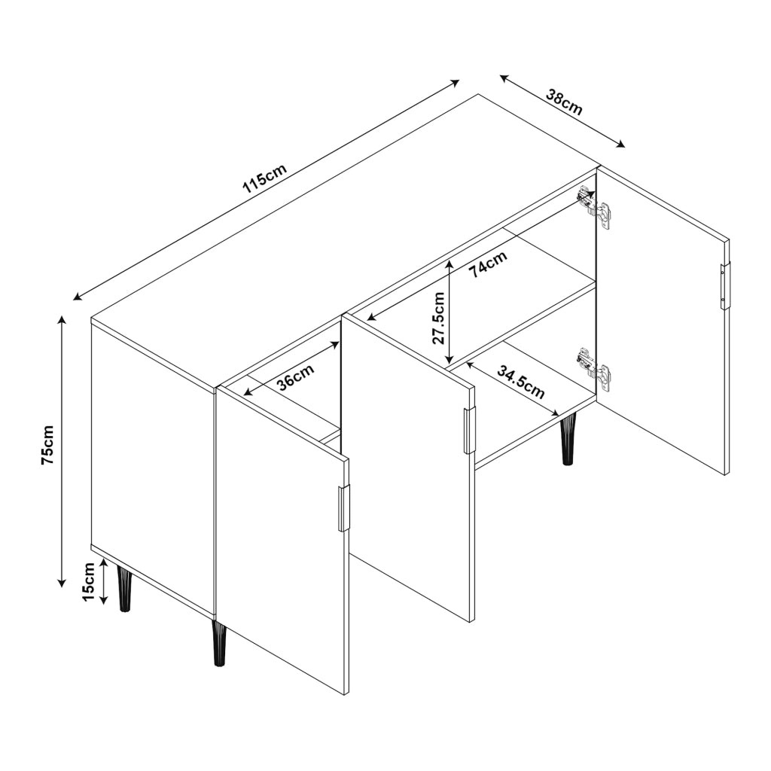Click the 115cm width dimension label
pos(264,177)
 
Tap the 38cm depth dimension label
pos(565,102)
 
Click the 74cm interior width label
pos(487,264)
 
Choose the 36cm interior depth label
pos(295,376)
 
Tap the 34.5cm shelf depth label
pos(521,382)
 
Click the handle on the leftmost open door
pos(344,508)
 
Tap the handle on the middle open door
pos(470,431)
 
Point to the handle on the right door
pos(726,285)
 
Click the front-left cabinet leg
pos(124,588)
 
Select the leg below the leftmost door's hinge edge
pos(218,643)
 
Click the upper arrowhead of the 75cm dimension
pos(62,320)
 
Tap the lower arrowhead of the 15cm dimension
pos(104,599)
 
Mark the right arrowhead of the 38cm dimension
pos(620,144)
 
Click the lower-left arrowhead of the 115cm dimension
pos(78,296)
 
